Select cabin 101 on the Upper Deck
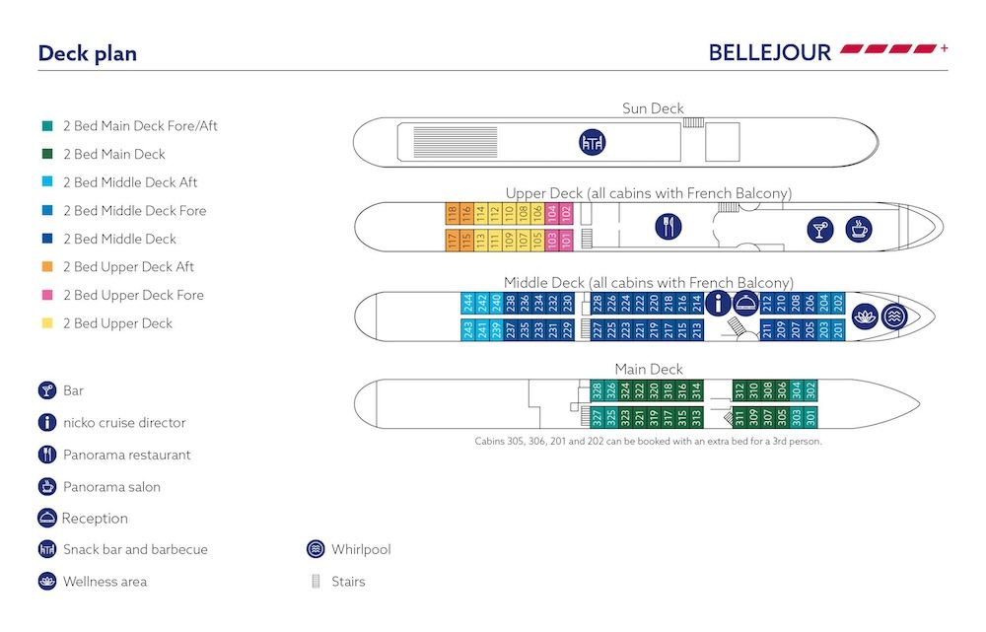pos(566,240)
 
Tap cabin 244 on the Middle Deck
pos(467,303)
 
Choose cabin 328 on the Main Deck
pos(597,389)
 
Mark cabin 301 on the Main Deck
pos(811,417)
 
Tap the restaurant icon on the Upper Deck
pos(669,227)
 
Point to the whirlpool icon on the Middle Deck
pos(894,316)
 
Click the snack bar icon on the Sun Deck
pos(592,142)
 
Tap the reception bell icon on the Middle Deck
pos(745,304)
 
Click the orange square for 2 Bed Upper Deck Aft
pos(47,267)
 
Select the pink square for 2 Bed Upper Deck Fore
pos(47,295)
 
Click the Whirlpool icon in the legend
pos(316,549)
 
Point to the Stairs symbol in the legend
pos(316,582)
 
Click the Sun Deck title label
pos(653,108)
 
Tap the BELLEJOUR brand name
pos(769,51)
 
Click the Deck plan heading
pos(87,53)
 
